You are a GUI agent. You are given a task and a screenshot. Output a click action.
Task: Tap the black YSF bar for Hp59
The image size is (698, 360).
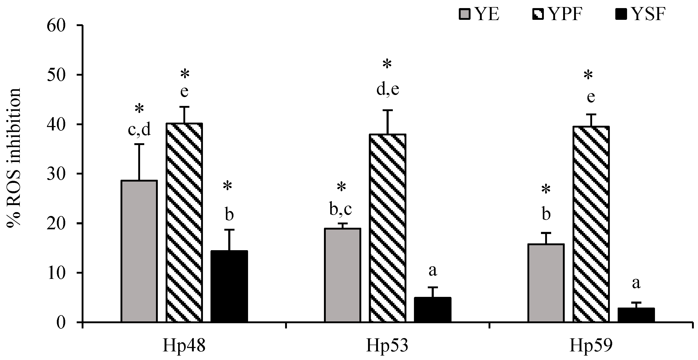pyautogui.click(x=636, y=315)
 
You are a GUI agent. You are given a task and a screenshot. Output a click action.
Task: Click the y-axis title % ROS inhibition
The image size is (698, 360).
pyautogui.click(x=14, y=157)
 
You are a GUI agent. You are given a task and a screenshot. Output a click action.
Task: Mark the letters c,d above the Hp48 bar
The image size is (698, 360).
pyautogui.click(x=139, y=130)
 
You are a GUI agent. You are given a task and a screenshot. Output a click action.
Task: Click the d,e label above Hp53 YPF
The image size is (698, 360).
pyautogui.click(x=388, y=89)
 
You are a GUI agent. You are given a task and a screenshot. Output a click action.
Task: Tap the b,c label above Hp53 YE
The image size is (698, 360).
pyautogui.click(x=341, y=209)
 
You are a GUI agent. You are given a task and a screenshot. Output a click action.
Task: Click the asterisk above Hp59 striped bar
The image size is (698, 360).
pyautogui.click(x=588, y=75)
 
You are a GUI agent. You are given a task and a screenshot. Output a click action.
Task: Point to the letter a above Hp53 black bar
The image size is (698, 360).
pyautogui.click(x=433, y=271)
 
